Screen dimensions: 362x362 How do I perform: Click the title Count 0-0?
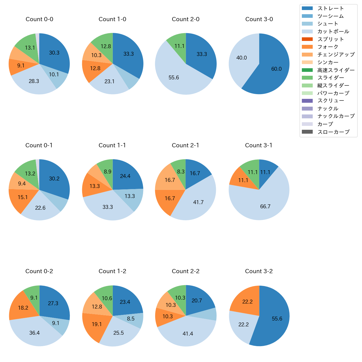[x=39, y=19]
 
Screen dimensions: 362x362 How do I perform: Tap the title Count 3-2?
[x=259, y=271]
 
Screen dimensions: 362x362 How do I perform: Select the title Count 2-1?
[x=185, y=145]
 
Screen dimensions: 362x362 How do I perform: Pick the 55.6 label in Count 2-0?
[x=174, y=78]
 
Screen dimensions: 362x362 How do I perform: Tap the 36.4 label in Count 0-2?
[x=35, y=333]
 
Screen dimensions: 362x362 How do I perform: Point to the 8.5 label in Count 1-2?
[x=131, y=319]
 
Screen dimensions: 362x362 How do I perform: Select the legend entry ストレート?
[x=331, y=8]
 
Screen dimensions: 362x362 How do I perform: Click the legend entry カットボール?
[x=333, y=31]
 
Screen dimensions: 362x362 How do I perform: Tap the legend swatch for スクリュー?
[x=307, y=101]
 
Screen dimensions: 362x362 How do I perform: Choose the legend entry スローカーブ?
[x=333, y=132]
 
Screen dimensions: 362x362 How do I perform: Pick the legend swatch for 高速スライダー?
[x=307, y=70]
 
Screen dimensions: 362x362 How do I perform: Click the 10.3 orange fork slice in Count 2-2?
[x=164, y=317]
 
